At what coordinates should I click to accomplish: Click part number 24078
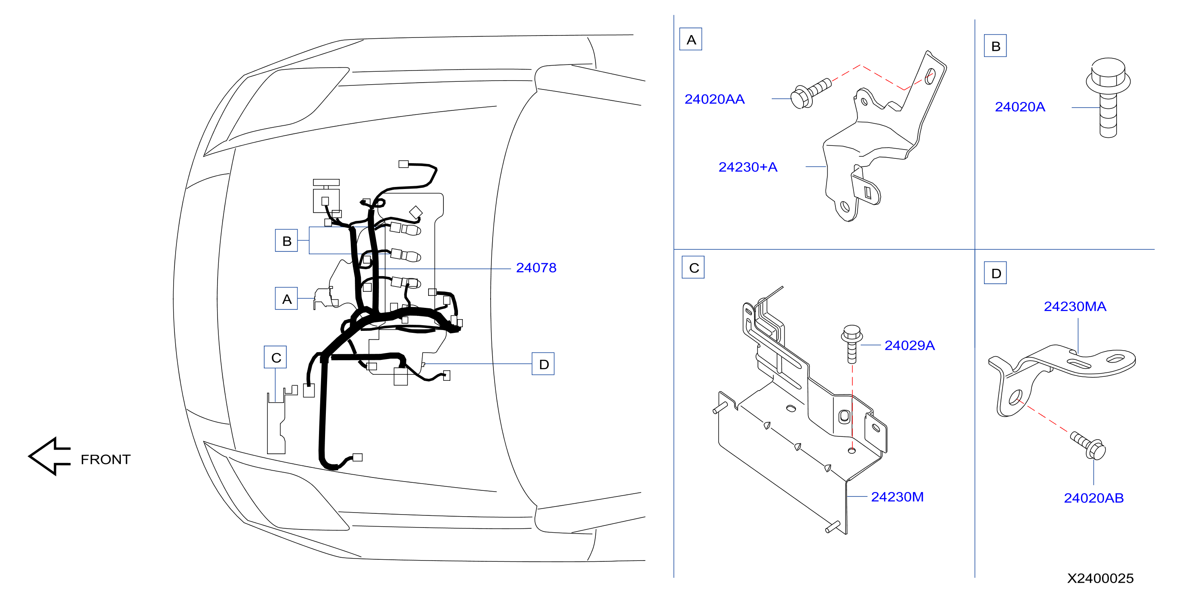[x=536, y=268]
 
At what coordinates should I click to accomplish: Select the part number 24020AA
[x=715, y=99]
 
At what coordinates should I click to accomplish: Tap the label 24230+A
[x=748, y=167]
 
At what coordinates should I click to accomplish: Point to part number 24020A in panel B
[x=1020, y=107]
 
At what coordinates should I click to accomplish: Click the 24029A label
[x=909, y=345]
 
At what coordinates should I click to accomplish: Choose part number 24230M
[x=897, y=497]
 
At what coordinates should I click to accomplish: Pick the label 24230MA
[x=1075, y=306]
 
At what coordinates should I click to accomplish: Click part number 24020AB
[x=1094, y=498]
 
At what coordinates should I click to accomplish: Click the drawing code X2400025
[x=1100, y=578]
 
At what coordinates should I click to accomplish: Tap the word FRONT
[x=106, y=459]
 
